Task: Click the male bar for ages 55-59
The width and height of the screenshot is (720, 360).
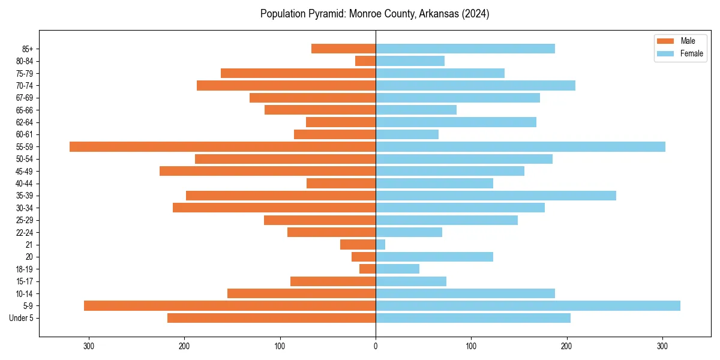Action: click(x=223, y=147)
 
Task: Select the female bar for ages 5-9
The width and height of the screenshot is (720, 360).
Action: click(x=528, y=306)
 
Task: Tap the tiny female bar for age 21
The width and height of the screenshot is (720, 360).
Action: click(x=380, y=245)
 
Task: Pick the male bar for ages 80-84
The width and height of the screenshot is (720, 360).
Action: click(x=365, y=61)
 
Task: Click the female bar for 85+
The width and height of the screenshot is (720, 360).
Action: click(x=465, y=49)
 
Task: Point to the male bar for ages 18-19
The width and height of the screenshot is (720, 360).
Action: click(x=368, y=269)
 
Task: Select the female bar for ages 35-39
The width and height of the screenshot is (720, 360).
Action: click(x=496, y=196)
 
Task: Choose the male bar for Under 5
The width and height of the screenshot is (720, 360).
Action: click(x=271, y=318)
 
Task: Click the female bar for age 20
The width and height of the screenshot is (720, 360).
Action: click(x=434, y=257)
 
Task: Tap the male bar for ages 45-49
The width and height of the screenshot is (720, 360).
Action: click(x=268, y=172)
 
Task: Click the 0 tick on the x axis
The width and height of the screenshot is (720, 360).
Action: click(x=376, y=346)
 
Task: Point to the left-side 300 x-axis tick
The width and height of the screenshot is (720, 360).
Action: click(x=89, y=346)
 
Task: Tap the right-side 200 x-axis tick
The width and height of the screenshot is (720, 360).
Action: click(x=566, y=346)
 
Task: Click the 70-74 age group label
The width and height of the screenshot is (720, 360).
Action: click(x=25, y=86)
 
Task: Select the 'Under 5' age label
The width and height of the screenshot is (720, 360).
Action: click(x=22, y=318)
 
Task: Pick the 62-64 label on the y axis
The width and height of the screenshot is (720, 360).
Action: click(x=25, y=122)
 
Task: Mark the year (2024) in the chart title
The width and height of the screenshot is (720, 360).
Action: click(x=472, y=14)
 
